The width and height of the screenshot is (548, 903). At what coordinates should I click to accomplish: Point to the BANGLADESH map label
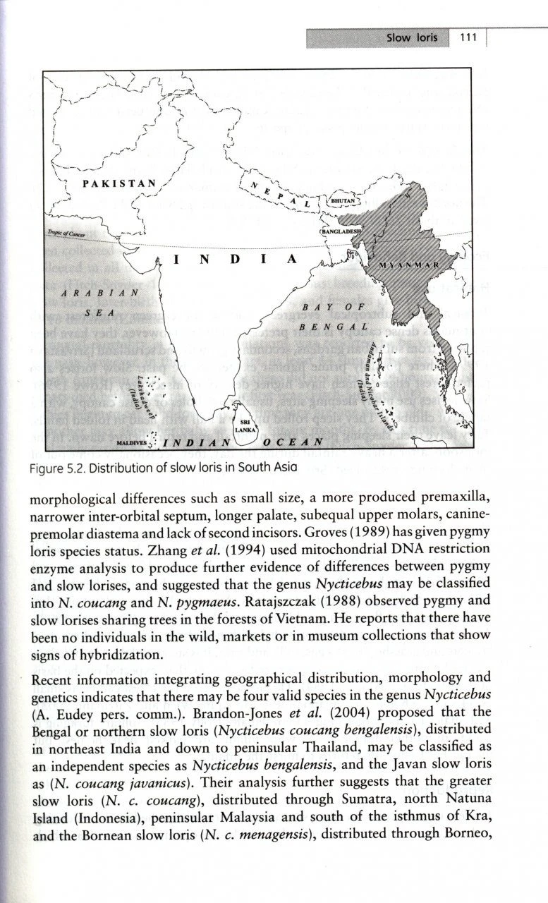click(341, 231)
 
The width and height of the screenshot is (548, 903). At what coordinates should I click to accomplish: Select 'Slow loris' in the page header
click(412, 37)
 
